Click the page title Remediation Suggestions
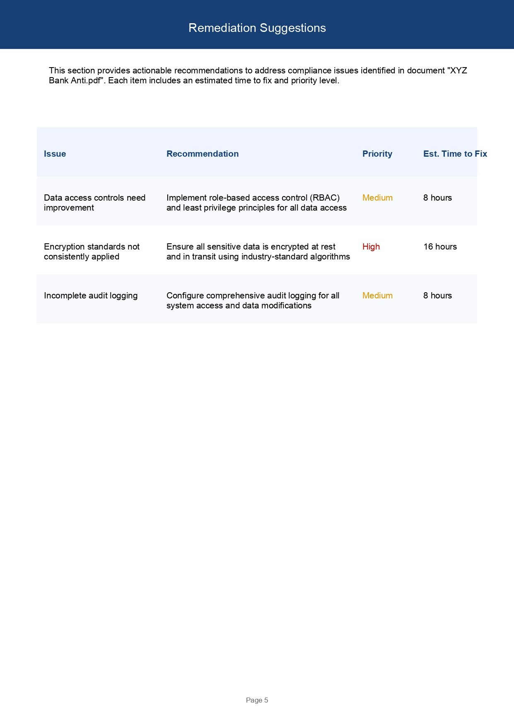point(257,28)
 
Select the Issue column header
point(55,154)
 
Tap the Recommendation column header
point(202,154)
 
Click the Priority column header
point(377,154)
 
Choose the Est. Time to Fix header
point(455,154)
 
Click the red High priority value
point(371,247)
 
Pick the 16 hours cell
point(440,247)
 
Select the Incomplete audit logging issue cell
point(91,296)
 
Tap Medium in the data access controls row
point(377,198)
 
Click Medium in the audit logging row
point(377,296)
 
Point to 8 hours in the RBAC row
point(437,198)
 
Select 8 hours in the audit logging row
point(437,296)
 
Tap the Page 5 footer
point(257,700)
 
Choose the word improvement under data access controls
point(69,208)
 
